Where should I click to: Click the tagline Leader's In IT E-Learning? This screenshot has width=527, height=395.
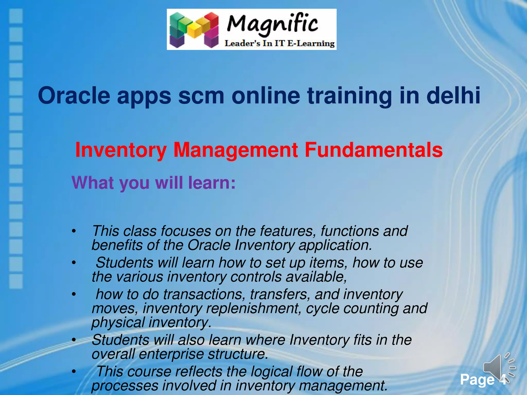(x=279, y=43)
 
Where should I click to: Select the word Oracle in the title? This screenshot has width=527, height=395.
(x=74, y=96)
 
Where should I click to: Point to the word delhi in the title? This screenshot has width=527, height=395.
(x=453, y=96)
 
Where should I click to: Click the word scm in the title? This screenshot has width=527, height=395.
(x=201, y=96)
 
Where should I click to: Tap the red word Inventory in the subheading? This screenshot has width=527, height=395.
(x=121, y=150)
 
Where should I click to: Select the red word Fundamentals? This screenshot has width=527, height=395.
(x=373, y=150)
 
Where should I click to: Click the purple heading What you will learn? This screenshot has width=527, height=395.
(x=154, y=183)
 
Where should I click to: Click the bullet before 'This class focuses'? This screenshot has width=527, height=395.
(x=74, y=231)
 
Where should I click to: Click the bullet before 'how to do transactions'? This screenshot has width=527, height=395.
(x=74, y=294)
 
